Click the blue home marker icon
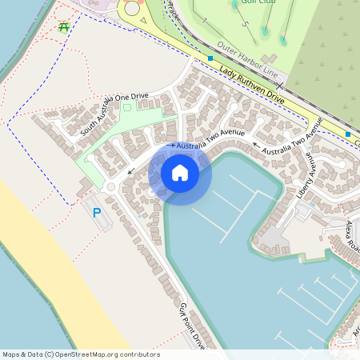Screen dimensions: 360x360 [x=180, y=173]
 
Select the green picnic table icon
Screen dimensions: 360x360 [x=63, y=26]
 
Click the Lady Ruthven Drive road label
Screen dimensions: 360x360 [x=251, y=85]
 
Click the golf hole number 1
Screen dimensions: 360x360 [x=204, y=20]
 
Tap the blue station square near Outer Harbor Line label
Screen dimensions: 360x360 [x=210, y=58]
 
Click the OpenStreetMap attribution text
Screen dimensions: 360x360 [x=81, y=354]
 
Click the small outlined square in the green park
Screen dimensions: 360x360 [x=126, y=107]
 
